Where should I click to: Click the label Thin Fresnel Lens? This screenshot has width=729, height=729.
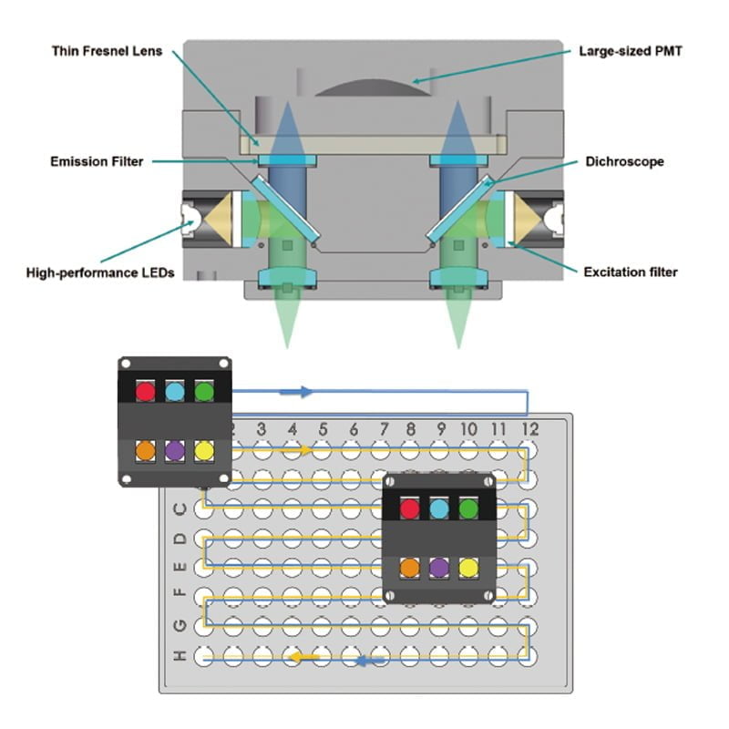(x=108, y=51)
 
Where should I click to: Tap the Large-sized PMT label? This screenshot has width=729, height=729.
(x=630, y=51)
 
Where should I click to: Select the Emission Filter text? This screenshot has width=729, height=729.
(x=97, y=162)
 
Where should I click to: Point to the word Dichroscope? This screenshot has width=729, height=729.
(x=624, y=162)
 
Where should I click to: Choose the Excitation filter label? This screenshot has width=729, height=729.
(x=629, y=272)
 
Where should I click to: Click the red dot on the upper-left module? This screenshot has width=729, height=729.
(x=146, y=391)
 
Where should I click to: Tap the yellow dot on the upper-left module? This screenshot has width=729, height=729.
(x=204, y=450)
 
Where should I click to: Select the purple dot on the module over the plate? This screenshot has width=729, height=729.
(x=439, y=567)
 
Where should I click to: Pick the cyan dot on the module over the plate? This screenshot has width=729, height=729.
(x=439, y=509)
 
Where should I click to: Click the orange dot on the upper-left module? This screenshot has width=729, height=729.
(x=146, y=450)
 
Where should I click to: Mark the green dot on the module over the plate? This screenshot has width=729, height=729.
(x=468, y=509)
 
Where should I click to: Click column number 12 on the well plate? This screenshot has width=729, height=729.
(x=529, y=428)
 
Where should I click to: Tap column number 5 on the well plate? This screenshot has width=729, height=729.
(x=323, y=428)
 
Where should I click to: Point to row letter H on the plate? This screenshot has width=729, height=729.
(x=180, y=655)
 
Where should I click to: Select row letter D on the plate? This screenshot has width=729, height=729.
(x=180, y=539)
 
